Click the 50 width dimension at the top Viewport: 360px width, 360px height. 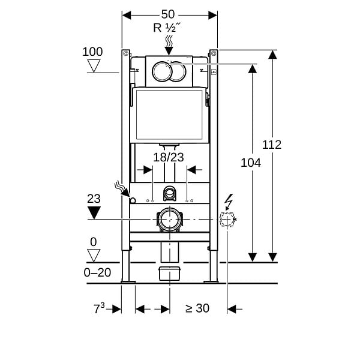[x=168, y=14]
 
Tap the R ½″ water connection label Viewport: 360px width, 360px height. [x=167, y=28]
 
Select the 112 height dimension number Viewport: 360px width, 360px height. [x=272, y=145]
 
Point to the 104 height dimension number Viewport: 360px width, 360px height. [x=251, y=163]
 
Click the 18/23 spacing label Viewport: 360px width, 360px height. [x=168, y=157]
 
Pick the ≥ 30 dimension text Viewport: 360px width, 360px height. [x=197, y=308]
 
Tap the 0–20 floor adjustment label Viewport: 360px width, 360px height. [x=97, y=272]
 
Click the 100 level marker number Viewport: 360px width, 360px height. [x=92, y=52]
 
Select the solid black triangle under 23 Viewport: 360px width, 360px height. [x=94, y=212]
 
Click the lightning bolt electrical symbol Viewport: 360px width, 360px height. [x=229, y=202]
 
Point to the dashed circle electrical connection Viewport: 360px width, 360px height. [x=227, y=219]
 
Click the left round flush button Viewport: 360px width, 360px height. [x=162, y=71]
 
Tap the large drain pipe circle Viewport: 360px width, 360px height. [x=170, y=219]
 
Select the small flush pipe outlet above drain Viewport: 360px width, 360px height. [x=170, y=193]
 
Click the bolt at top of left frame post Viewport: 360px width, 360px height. [x=125, y=53]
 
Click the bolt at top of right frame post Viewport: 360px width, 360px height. [x=214, y=53]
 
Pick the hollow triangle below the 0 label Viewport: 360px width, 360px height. [x=94, y=256]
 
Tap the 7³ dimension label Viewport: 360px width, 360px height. [x=99, y=308]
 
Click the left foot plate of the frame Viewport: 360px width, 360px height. [x=128, y=282]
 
